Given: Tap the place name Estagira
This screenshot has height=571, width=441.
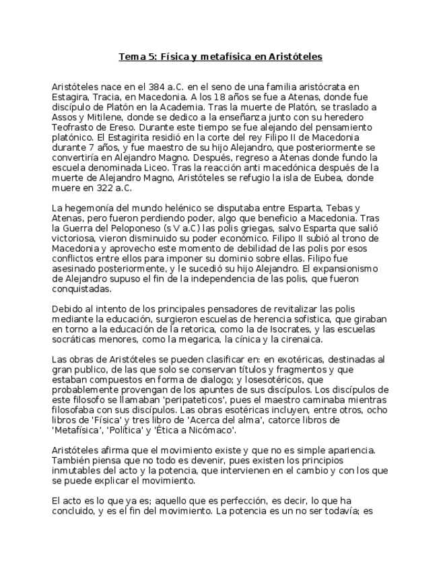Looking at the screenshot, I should point(70,97).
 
